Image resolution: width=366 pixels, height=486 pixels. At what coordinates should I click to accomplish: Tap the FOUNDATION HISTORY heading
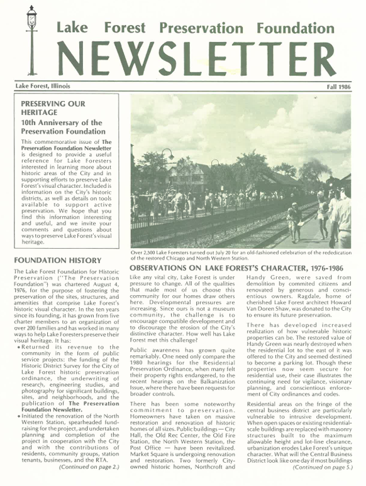(x=57, y=260)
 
